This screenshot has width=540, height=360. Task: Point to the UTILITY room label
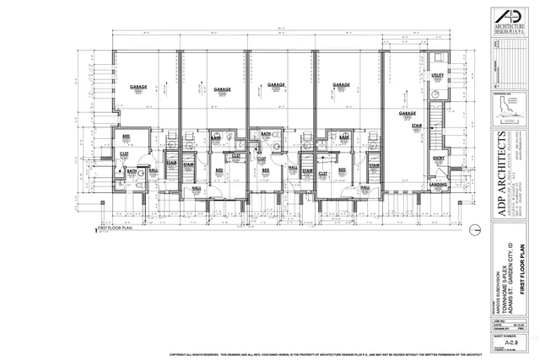(x=437, y=76)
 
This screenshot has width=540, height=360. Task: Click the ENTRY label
(x=439, y=158)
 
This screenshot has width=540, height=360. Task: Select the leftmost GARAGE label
(x=139, y=87)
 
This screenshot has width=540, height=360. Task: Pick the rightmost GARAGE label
(x=408, y=112)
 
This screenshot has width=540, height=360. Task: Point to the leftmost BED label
(x=127, y=137)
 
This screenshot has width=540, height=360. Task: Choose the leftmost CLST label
(x=123, y=153)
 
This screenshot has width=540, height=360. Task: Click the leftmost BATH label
(x=131, y=171)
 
